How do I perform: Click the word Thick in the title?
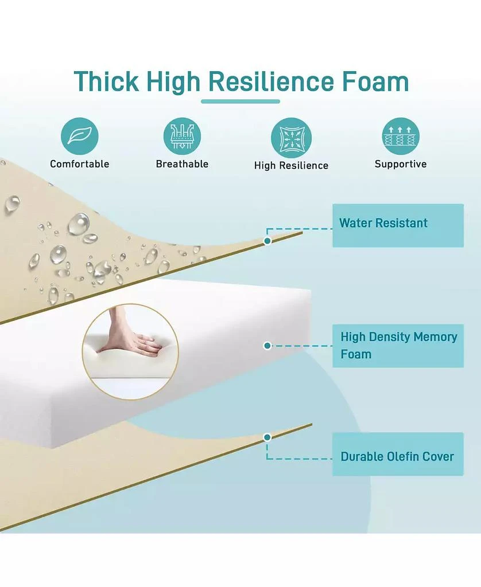[x=106, y=81]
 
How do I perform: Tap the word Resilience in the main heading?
[x=271, y=81]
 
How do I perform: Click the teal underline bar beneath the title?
[x=240, y=101]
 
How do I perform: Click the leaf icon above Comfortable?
[x=79, y=136]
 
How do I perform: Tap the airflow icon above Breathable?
[x=182, y=136]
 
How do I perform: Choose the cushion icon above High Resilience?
[x=292, y=138]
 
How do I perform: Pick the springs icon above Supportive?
[x=401, y=136]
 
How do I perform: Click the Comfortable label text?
[x=79, y=164]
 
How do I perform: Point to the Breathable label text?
[x=182, y=164]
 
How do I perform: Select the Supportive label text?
[x=401, y=165]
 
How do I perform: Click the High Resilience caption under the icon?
[x=292, y=166]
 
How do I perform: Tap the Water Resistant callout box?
[x=398, y=225]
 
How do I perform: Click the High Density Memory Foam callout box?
[x=398, y=346]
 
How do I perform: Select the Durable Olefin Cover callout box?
[x=398, y=454]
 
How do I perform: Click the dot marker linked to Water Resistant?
[x=267, y=241]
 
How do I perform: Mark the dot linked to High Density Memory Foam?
[x=267, y=346]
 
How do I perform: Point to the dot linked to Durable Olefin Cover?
[x=267, y=437]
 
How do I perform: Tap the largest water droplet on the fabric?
[x=79, y=224]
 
